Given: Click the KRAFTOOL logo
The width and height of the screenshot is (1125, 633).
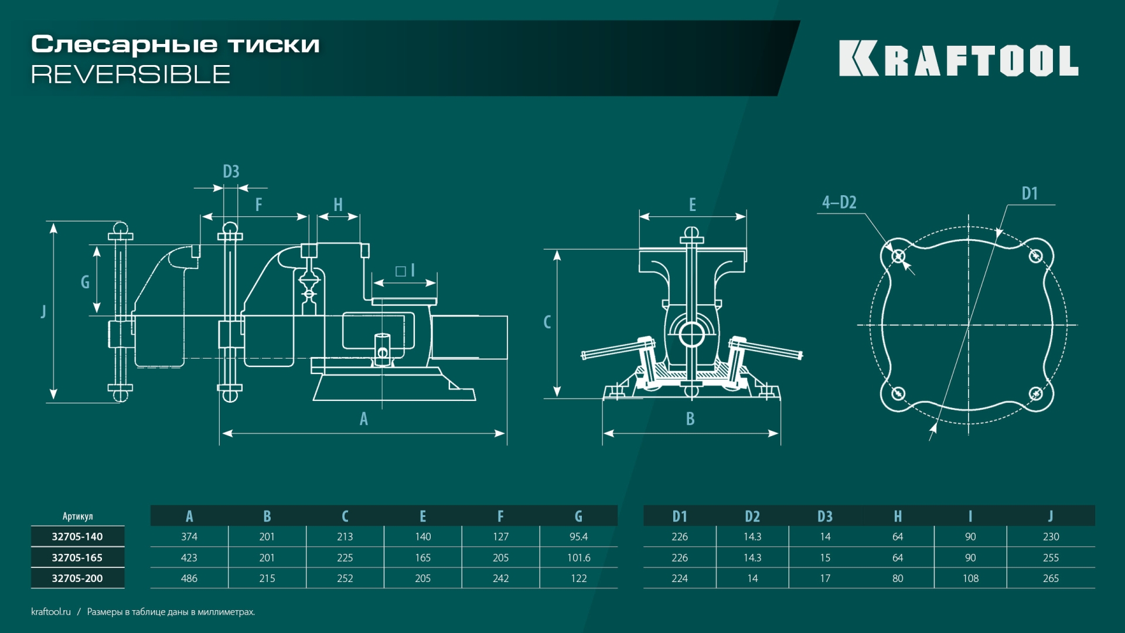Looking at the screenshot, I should point(958,59).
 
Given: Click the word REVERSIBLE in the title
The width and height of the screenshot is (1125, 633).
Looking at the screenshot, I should point(131,74).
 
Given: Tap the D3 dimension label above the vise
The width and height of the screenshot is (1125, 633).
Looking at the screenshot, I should point(231,171).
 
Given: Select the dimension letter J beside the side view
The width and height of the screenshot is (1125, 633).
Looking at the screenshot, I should point(43,311).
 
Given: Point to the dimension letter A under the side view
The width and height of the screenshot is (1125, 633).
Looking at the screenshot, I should point(364,418).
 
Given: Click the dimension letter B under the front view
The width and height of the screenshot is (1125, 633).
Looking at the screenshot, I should point(690,418).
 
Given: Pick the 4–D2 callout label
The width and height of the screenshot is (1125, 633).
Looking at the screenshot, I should point(839,202).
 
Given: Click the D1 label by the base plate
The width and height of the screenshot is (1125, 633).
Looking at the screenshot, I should point(1029,193).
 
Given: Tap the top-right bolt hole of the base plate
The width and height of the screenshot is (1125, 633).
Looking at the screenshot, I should point(1035,256).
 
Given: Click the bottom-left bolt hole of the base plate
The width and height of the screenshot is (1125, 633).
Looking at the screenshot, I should point(898,393).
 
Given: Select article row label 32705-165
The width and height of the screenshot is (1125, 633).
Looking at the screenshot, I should point(77,557).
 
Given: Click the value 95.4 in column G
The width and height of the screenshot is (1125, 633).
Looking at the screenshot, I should point(578,536).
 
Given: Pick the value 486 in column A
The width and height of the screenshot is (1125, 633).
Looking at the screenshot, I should point(189,578).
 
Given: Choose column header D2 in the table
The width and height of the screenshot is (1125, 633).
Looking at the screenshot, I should point(752,516).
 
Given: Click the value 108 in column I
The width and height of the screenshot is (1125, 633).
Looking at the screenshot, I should point(970,578).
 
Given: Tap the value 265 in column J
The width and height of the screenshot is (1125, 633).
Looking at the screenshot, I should point(1051,578).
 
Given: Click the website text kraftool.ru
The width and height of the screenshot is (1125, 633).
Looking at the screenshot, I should point(51,611).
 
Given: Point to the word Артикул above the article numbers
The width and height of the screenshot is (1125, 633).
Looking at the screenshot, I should point(77,516).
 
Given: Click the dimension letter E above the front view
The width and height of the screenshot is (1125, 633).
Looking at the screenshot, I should point(693,205).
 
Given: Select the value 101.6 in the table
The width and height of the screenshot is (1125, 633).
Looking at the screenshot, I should point(578,557).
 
